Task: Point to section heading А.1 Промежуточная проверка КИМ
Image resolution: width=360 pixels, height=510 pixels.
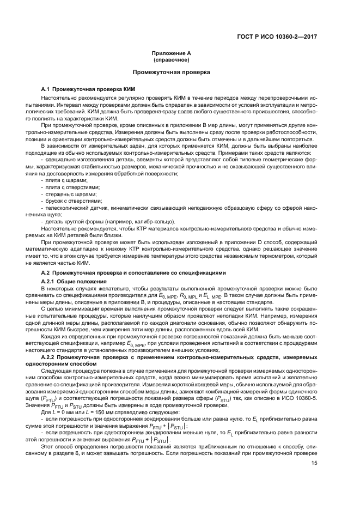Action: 88,88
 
